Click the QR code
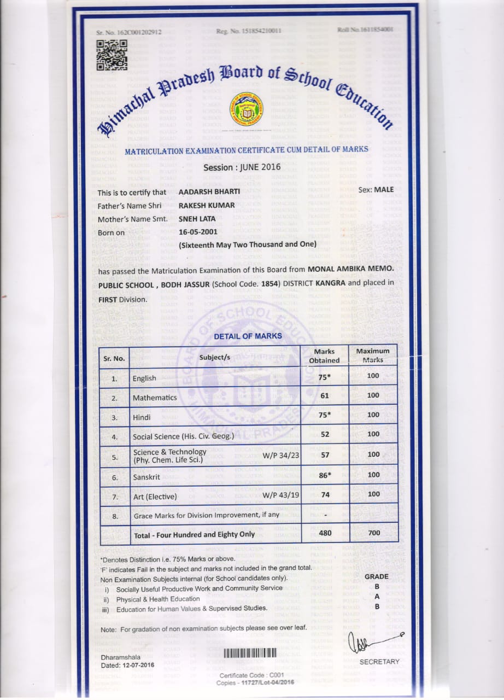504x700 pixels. pyautogui.click(x=112, y=55)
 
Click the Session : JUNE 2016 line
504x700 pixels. pyautogui.click(x=242, y=167)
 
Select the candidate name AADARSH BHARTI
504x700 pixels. pyautogui.click(x=209, y=192)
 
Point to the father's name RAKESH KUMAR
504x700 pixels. pyautogui.click(x=206, y=205)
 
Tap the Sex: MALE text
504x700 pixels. pyautogui.click(x=376, y=190)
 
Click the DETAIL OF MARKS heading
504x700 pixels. pyautogui.click(x=248, y=336)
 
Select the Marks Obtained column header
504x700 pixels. pyautogui.click(x=324, y=356)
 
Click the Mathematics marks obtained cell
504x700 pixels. pyautogui.click(x=324, y=395)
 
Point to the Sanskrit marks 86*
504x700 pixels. pyautogui.click(x=325, y=475)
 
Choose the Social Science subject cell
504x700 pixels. pyautogui.click(x=183, y=436)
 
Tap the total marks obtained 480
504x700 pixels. pyautogui.click(x=325, y=532)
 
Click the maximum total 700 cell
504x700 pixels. pyautogui.click(x=373, y=532)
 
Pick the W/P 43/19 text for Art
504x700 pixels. pyautogui.click(x=281, y=495)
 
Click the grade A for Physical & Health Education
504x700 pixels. pyautogui.click(x=377, y=596)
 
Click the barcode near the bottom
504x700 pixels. pyautogui.click(x=250, y=653)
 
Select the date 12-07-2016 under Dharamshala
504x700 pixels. pyautogui.click(x=138, y=665)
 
